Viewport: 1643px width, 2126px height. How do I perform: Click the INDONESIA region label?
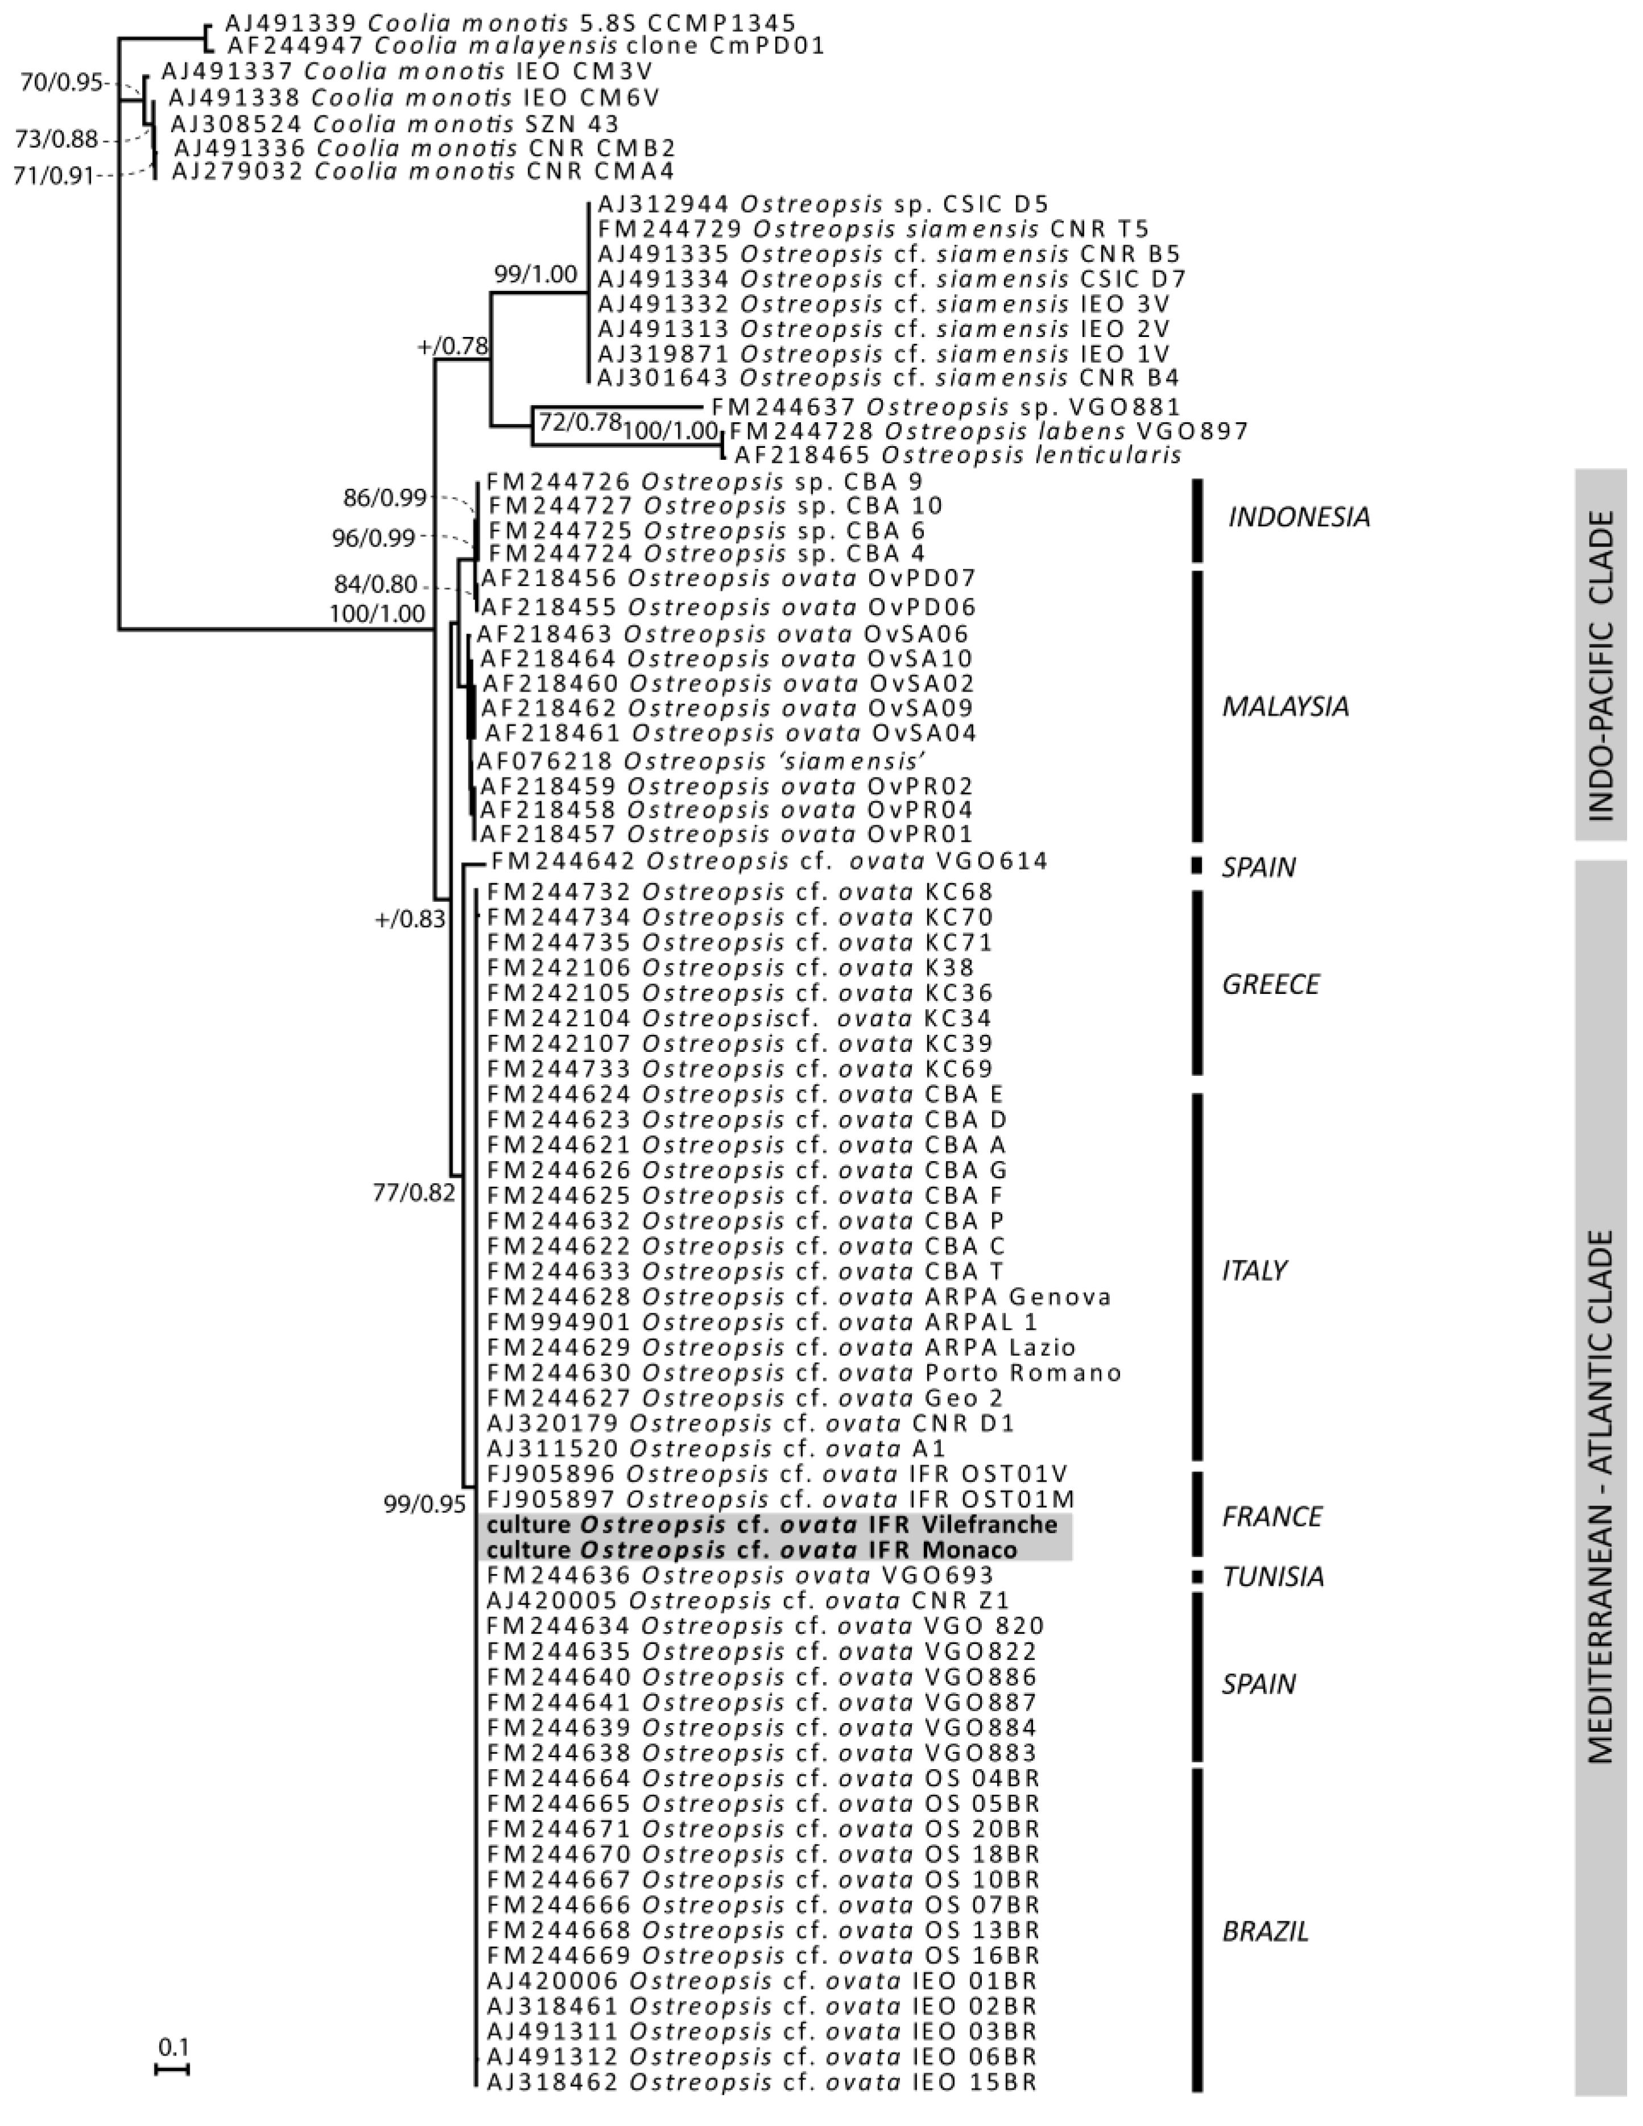click(x=1298, y=517)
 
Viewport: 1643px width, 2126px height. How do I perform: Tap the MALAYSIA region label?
click(x=1285, y=707)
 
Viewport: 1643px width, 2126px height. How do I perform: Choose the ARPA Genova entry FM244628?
click(x=799, y=1297)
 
